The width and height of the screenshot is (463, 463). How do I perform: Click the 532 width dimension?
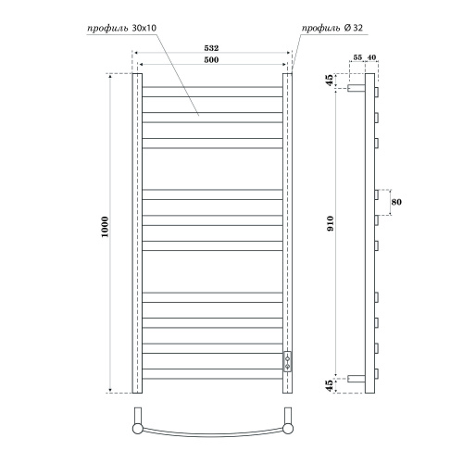212,46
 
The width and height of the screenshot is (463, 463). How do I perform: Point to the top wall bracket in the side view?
356,90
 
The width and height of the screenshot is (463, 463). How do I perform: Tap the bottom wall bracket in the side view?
356,378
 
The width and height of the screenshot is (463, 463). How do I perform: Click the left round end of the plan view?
138,429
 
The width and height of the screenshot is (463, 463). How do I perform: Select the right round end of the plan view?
287,429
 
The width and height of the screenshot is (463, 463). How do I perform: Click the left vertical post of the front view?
136,231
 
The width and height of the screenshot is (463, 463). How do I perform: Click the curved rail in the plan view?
212,436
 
